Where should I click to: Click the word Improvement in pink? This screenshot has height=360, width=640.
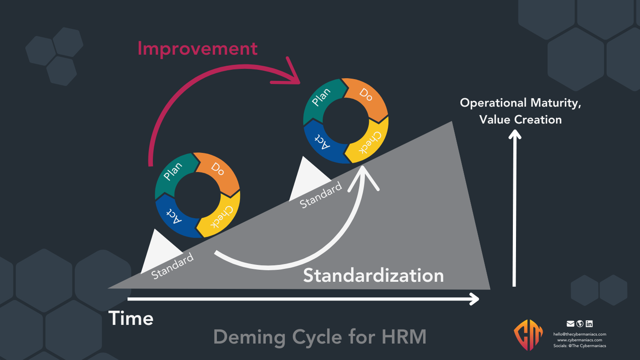pos(197,48)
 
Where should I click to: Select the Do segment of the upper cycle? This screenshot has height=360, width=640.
pos(366,95)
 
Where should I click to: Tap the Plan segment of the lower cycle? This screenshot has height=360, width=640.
pos(173,172)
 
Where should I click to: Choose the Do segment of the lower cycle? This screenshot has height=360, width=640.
pos(218,169)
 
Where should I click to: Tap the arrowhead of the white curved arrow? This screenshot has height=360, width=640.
pos(364,176)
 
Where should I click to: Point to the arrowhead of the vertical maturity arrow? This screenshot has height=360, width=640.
pos(515,136)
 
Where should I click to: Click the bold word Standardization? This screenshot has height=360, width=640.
pos(373,276)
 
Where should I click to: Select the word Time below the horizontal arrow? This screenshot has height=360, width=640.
pos(131,319)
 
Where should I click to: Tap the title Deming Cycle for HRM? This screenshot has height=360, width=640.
pos(320,337)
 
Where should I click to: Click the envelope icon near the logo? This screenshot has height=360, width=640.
pos(571,324)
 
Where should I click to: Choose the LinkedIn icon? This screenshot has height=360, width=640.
pos(589,324)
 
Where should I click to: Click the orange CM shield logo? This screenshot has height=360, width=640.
pos(528,334)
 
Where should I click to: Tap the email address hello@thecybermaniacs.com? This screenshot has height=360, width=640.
pos(580,334)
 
